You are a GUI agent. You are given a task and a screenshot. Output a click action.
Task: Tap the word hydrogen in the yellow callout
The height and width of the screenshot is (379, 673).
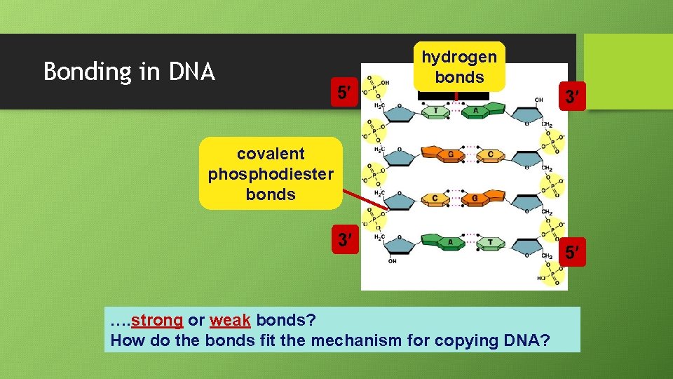[459, 57]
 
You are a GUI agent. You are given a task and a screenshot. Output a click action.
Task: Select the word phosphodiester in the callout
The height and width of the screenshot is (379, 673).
[271, 174]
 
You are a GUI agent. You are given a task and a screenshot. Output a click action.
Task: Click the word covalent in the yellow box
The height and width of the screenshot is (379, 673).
[271, 154]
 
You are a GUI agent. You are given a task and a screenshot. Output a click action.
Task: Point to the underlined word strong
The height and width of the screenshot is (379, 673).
[157, 321]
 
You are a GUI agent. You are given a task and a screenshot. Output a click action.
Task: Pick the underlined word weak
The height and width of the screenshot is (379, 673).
[230, 321]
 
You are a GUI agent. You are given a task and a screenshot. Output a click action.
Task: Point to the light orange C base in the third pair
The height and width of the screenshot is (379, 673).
[435, 198]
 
